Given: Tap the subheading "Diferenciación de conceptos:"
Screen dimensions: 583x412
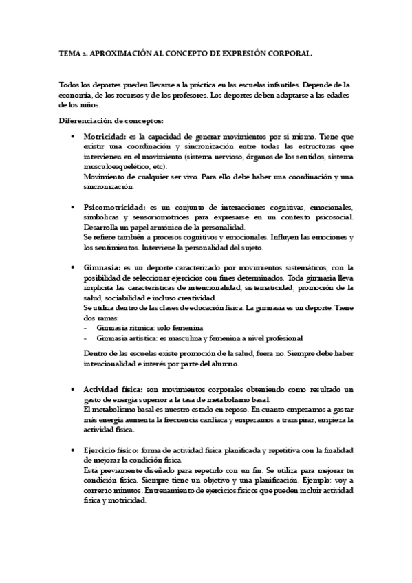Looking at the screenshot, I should point(110,120).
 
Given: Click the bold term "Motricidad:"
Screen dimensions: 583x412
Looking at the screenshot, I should point(105,137).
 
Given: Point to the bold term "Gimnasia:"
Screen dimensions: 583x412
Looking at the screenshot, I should point(102,267).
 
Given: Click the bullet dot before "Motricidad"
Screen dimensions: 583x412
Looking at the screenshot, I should point(73,137).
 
